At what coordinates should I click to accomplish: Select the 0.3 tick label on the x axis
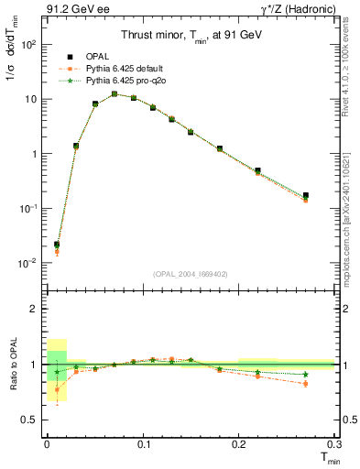(x=334, y=444)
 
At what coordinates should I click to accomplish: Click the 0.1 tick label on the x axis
(x=143, y=444)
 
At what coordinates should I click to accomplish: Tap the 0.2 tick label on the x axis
(x=238, y=444)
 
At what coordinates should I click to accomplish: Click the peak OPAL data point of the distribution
(x=115, y=93)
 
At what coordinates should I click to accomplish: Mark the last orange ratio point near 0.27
(x=306, y=384)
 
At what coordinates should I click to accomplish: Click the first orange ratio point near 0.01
(x=57, y=389)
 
